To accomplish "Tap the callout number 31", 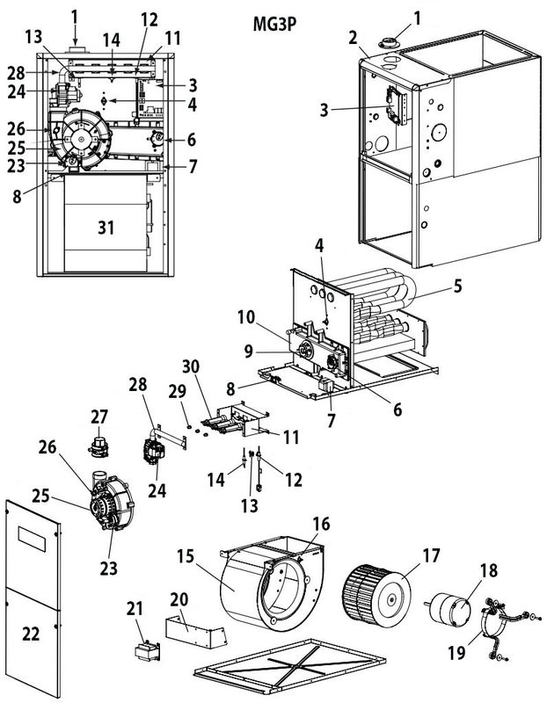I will tap(106, 227).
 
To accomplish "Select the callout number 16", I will tap(322, 524).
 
